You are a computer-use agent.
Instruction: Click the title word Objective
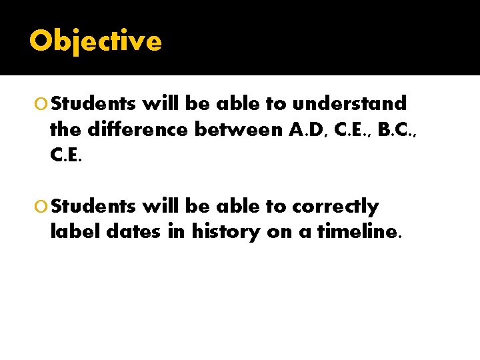tap(95, 41)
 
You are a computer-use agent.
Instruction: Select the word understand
tap(349, 104)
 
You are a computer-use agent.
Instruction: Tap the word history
tap(225, 233)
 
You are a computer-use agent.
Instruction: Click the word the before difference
tap(64, 130)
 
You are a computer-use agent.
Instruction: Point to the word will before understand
tap(161, 104)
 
